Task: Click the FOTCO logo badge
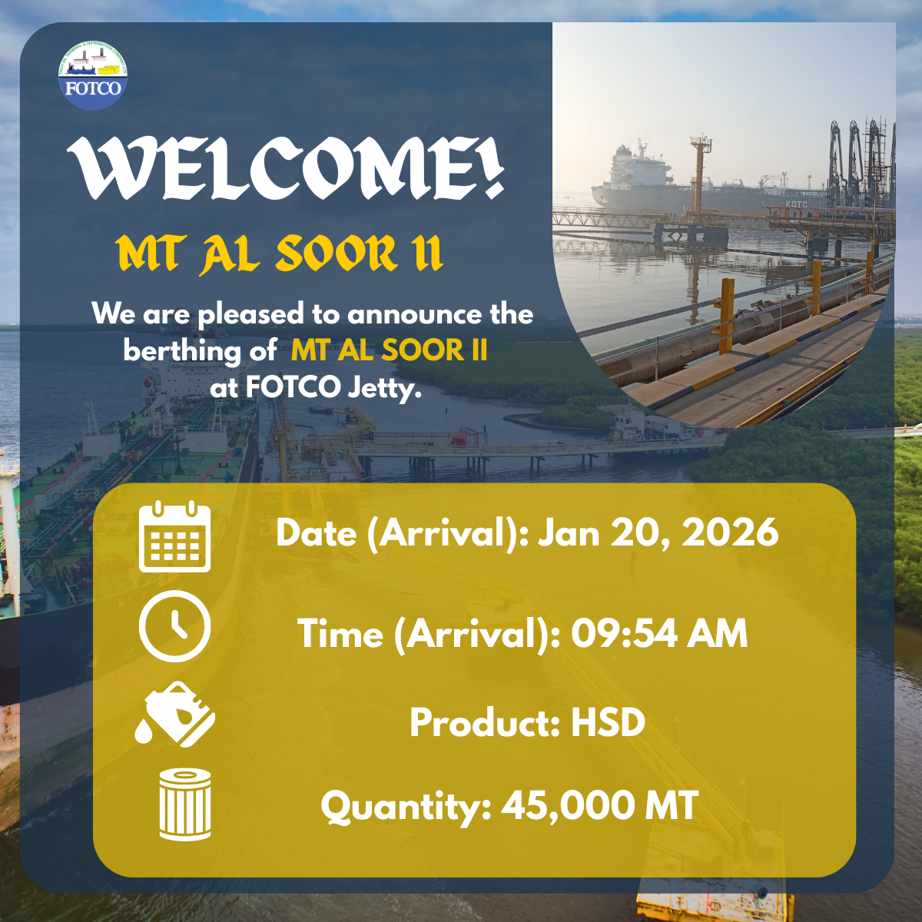point(93,75)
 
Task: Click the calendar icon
point(174,536)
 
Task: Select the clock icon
point(174,626)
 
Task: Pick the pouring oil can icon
point(175,714)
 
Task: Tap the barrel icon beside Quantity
point(184,804)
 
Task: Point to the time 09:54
point(624,633)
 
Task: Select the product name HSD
point(608,722)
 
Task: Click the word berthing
point(182,352)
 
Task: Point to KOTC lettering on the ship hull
point(796,204)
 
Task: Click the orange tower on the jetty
point(700,173)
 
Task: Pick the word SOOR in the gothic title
point(336,254)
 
